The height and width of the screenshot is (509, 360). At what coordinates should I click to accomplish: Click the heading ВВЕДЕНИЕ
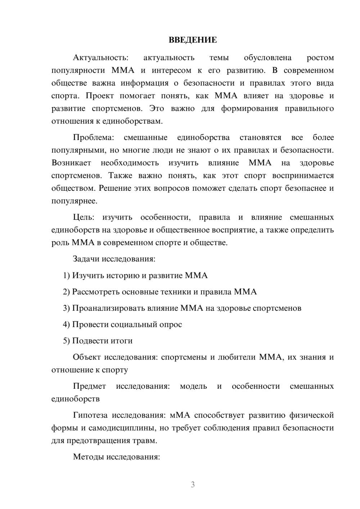click(x=193, y=40)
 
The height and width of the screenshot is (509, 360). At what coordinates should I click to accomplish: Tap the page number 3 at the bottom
click(x=193, y=485)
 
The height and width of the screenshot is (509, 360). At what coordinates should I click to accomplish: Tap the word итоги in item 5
click(x=122, y=341)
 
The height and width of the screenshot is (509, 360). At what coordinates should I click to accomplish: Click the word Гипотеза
click(x=90, y=415)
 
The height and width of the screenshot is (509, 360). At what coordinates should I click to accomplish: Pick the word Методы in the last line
click(x=87, y=457)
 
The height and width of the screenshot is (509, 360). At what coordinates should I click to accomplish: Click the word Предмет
click(x=89, y=386)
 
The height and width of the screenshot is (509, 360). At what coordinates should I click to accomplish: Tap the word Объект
click(x=87, y=357)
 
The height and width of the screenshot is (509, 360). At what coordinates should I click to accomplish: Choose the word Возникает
click(x=71, y=163)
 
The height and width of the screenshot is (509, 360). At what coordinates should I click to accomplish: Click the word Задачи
click(x=86, y=259)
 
